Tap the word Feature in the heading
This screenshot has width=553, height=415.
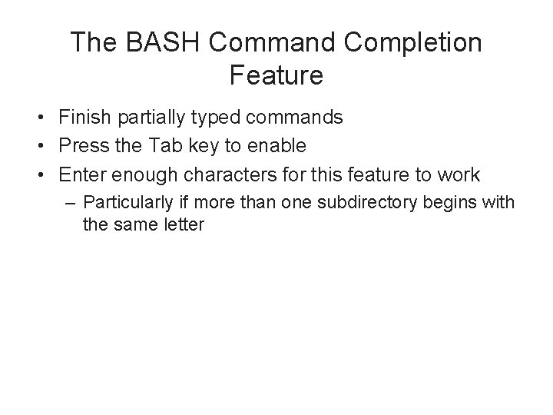[x=276, y=75]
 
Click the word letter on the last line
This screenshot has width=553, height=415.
[x=184, y=226]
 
